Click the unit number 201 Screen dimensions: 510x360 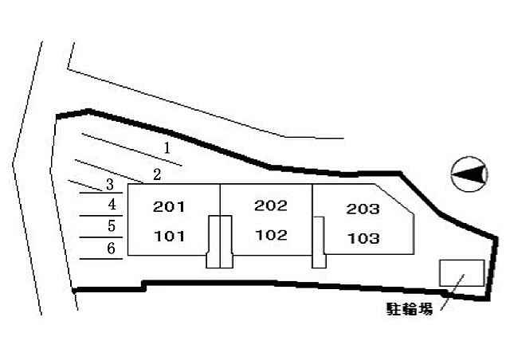(169, 207)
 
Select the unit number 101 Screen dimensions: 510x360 (170, 236)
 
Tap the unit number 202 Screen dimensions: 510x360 (271, 205)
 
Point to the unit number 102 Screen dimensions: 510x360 (272, 235)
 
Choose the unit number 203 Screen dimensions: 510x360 (363, 209)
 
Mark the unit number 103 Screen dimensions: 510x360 (363, 238)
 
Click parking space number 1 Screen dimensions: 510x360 (167, 148)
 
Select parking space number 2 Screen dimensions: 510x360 (157, 174)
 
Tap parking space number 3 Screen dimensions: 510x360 (110, 185)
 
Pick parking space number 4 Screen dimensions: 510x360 (112, 204)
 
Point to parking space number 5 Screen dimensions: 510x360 (112, 225)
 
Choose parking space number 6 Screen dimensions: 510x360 (112, 248)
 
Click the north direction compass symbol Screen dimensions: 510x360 (469, 174)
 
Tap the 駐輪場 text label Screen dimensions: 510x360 (410, 309)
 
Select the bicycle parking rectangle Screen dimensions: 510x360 (462, 273)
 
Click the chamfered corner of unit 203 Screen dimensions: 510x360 (394, 199)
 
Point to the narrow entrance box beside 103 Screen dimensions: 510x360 (319, 242)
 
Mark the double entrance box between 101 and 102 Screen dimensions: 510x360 (220, 241)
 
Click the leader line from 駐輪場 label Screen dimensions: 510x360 (453, 292)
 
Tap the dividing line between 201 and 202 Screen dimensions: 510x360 (220, 200)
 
